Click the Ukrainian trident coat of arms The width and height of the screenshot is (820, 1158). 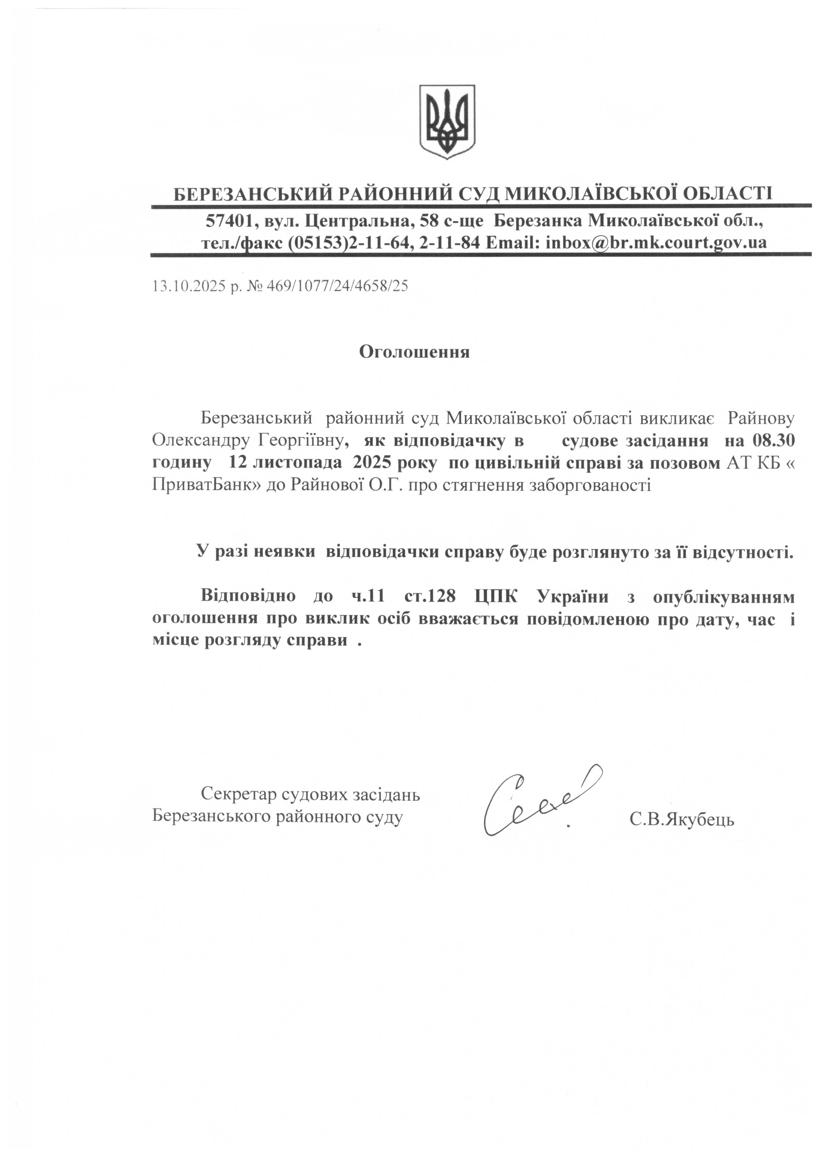point(447,122)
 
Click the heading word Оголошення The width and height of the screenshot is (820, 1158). point(414,352)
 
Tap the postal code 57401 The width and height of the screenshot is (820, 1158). point(227,221)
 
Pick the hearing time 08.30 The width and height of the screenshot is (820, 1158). point(774,441)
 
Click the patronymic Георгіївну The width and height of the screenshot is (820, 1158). point(303,441)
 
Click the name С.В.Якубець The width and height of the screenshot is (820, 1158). point(682,819)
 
